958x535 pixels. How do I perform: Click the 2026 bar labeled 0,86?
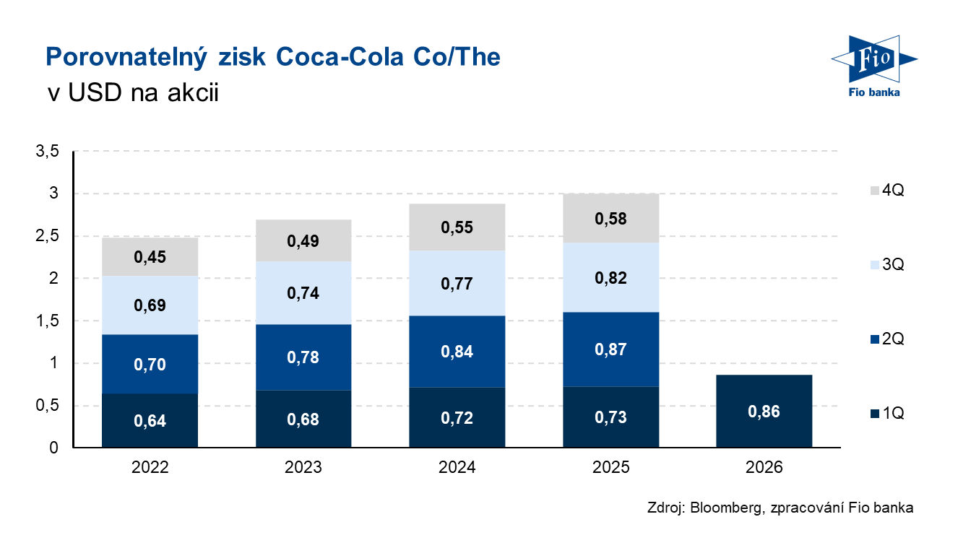pyautogui.click(x=764, y=412)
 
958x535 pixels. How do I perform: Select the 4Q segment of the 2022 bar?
pyautogui.click(x=150, y=256)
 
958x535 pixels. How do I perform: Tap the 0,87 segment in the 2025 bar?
pyautogui.click(x=610, y=349)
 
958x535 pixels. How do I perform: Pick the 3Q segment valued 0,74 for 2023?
pyautogui.click(x=303, y=293)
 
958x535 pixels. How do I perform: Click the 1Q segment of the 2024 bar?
pyautogui.click(x=457, y=417)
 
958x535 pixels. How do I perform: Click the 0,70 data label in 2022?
pyautogui.click(x=150, y=365)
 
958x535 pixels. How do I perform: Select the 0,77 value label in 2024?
pyautogui.click(x=457, y=284)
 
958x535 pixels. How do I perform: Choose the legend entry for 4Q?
pyautogui.click(x=886, y=191)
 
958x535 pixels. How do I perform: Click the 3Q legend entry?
pyautogui.click(x=886, y=265)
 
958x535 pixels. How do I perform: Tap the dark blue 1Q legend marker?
pyautogui.click(x=874, y=413)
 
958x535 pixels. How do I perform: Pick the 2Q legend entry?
pyautogui.click(x=886, y=339)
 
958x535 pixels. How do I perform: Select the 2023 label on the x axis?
pyautogui.click(x=303, y=468)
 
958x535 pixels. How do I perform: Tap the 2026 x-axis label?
pyautogui.click(x=764, y=468)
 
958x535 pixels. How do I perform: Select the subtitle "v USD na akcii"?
pyautogui.click(x=131, y=93)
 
